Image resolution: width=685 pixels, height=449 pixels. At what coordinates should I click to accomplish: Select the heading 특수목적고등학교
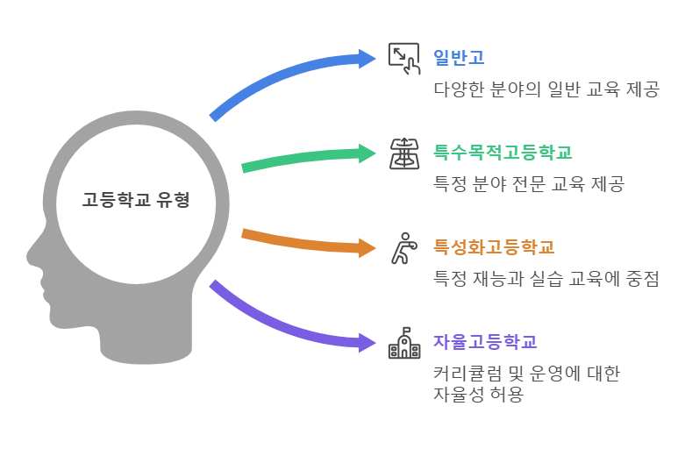pyautogui.click(x=503, y=153)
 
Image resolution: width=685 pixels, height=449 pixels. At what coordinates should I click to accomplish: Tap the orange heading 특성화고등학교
pyautogui.click(x=494, y=247)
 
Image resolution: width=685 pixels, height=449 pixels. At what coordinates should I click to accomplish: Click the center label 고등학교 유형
pyautogui.click(x=136, y=200)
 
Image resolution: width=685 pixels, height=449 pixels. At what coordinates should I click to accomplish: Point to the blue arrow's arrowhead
pyautogui.click(x=367, y=59)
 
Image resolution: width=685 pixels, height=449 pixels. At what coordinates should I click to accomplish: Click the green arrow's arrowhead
pyautogui.click(x=367, y=153)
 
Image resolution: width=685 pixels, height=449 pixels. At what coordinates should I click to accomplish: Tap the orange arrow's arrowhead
pyautogui.click(x=367, y=247)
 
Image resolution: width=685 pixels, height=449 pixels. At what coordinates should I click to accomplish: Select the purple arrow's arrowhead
pyautogui.click(x=367, y=342)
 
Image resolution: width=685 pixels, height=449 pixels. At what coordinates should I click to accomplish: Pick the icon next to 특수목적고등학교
pyautogui.click(x=403, y=153)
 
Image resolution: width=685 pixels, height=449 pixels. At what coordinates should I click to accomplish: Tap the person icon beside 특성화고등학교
pyautogui.click(x=402, y=248)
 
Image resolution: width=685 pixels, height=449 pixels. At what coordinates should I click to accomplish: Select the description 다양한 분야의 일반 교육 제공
pyautogui.click(x=546, y=89)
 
